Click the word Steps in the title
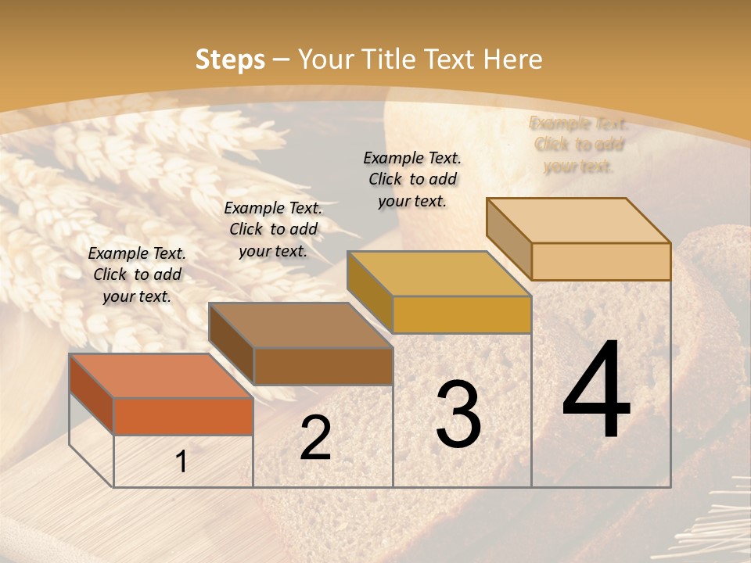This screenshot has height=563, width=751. coord(230,59)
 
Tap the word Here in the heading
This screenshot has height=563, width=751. coord(512,59)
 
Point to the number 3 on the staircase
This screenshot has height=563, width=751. coord(458,414)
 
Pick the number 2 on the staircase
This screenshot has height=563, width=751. coord(315,438)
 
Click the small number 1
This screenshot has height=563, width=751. coord(181,462)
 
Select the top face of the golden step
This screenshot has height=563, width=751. coord(439,274)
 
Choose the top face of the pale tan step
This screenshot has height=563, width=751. coord(578,221)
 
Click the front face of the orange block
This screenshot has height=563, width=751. coord(183,416)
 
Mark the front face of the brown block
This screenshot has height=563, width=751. coord(323,366)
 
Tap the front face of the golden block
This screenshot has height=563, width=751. coord(462,314)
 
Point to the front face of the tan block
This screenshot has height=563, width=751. coord(601,261)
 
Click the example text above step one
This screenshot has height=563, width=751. coord(137,274)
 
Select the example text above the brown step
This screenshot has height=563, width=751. coord(273,229)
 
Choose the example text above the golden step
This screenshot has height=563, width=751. coord(412,179)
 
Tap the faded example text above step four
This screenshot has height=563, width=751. coord(579,145)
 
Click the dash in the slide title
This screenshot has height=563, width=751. coord(282,59)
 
